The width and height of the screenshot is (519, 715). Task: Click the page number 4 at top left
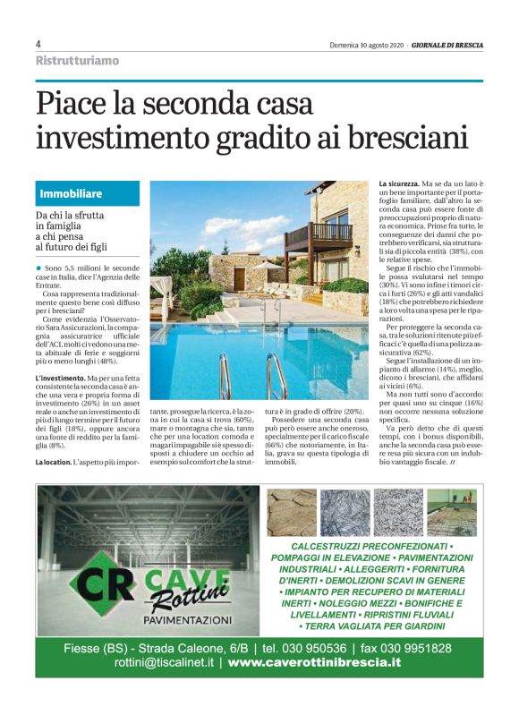coord(38,44)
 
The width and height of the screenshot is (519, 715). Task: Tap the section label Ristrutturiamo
coord(77,61)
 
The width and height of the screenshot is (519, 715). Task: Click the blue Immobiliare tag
coord(71,193)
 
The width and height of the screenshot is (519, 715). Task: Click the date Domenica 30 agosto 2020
coord(367,44)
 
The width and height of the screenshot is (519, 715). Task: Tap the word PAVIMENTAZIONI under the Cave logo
coord(187,618)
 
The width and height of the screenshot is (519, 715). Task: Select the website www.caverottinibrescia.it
coord(312,663)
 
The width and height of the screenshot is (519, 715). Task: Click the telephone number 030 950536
coord(309,648)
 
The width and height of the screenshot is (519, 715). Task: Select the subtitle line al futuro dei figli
coord(72,247)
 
